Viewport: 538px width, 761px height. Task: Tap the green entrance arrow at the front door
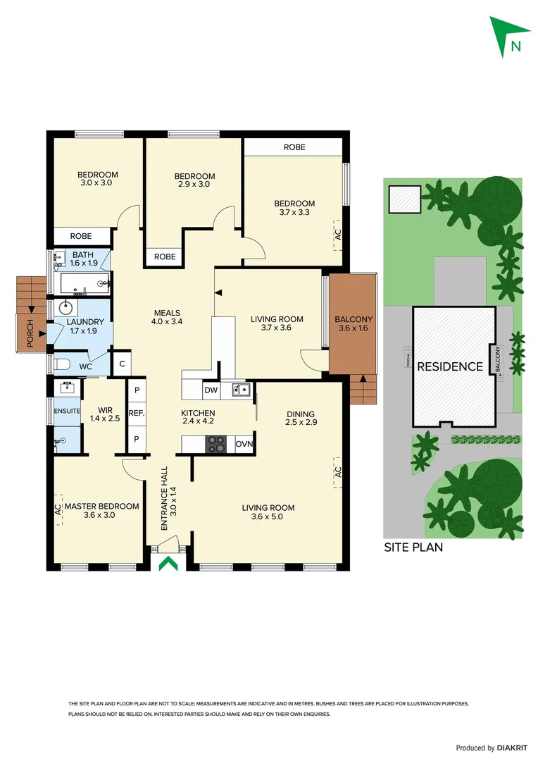[168, 564]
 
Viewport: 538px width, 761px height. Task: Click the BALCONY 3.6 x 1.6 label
[354, 323]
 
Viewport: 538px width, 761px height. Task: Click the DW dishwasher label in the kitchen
[211, 390]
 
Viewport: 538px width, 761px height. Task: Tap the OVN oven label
[244, 444]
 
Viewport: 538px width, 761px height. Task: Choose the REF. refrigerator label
[136, 414]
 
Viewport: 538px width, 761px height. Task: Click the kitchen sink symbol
[242, 389]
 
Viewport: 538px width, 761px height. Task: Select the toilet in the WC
[62, 364]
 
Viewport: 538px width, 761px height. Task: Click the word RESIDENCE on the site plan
[449, 366]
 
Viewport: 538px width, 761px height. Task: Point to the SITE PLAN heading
[413, 547]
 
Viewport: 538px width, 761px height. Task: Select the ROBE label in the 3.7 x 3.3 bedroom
[294, 147]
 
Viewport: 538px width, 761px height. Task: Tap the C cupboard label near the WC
[122, 364]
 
